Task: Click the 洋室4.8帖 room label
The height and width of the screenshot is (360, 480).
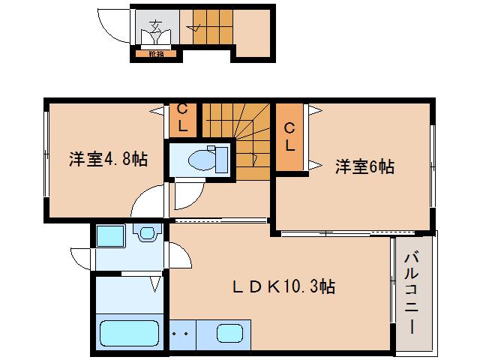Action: pyautogui.click(x=108, y=159)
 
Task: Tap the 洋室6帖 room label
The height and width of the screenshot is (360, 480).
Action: pyautogui.click(x=364, y=166)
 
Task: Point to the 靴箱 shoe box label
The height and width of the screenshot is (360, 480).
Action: pyautogui.click(x=156, y=54)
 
